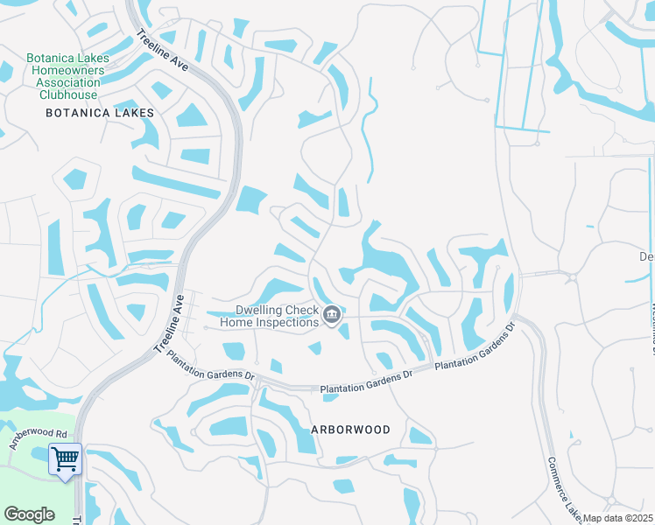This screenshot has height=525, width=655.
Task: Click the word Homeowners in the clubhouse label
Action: tap(67, 70)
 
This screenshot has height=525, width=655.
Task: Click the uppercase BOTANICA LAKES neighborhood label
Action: tap(100, 113)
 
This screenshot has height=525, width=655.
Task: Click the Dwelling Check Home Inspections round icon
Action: tap(332, 315)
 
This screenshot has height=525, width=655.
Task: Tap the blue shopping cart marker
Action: tap(65, 458)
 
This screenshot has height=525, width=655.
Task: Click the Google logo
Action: tap(29, 514)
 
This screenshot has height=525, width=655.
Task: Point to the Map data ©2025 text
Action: tap(617, 518)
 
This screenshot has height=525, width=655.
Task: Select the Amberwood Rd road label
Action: tap(38, 438)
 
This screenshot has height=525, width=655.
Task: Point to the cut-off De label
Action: tap(646, 257)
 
